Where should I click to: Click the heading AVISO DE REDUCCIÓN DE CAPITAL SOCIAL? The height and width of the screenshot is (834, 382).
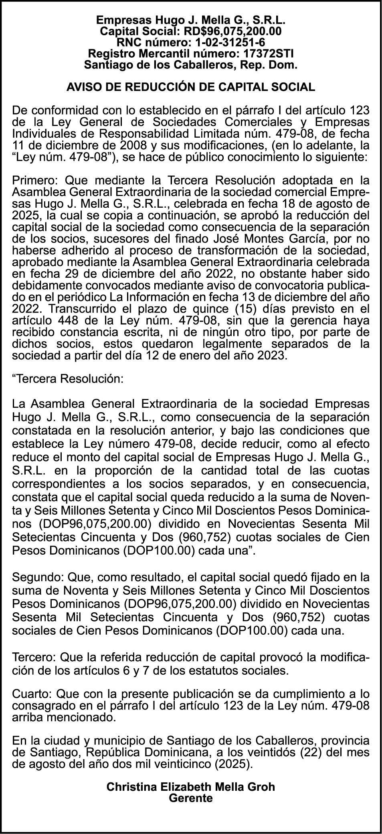pyautogui.click(x=191, y=87)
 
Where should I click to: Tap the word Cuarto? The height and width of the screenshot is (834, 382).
pyautogui.click(x=31, y=694)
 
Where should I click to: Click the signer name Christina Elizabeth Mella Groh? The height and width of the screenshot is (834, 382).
pyautogui.click(x=191, y=786)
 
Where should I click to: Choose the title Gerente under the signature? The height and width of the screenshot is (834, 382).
pyautogui.click(x=191, y=798)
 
